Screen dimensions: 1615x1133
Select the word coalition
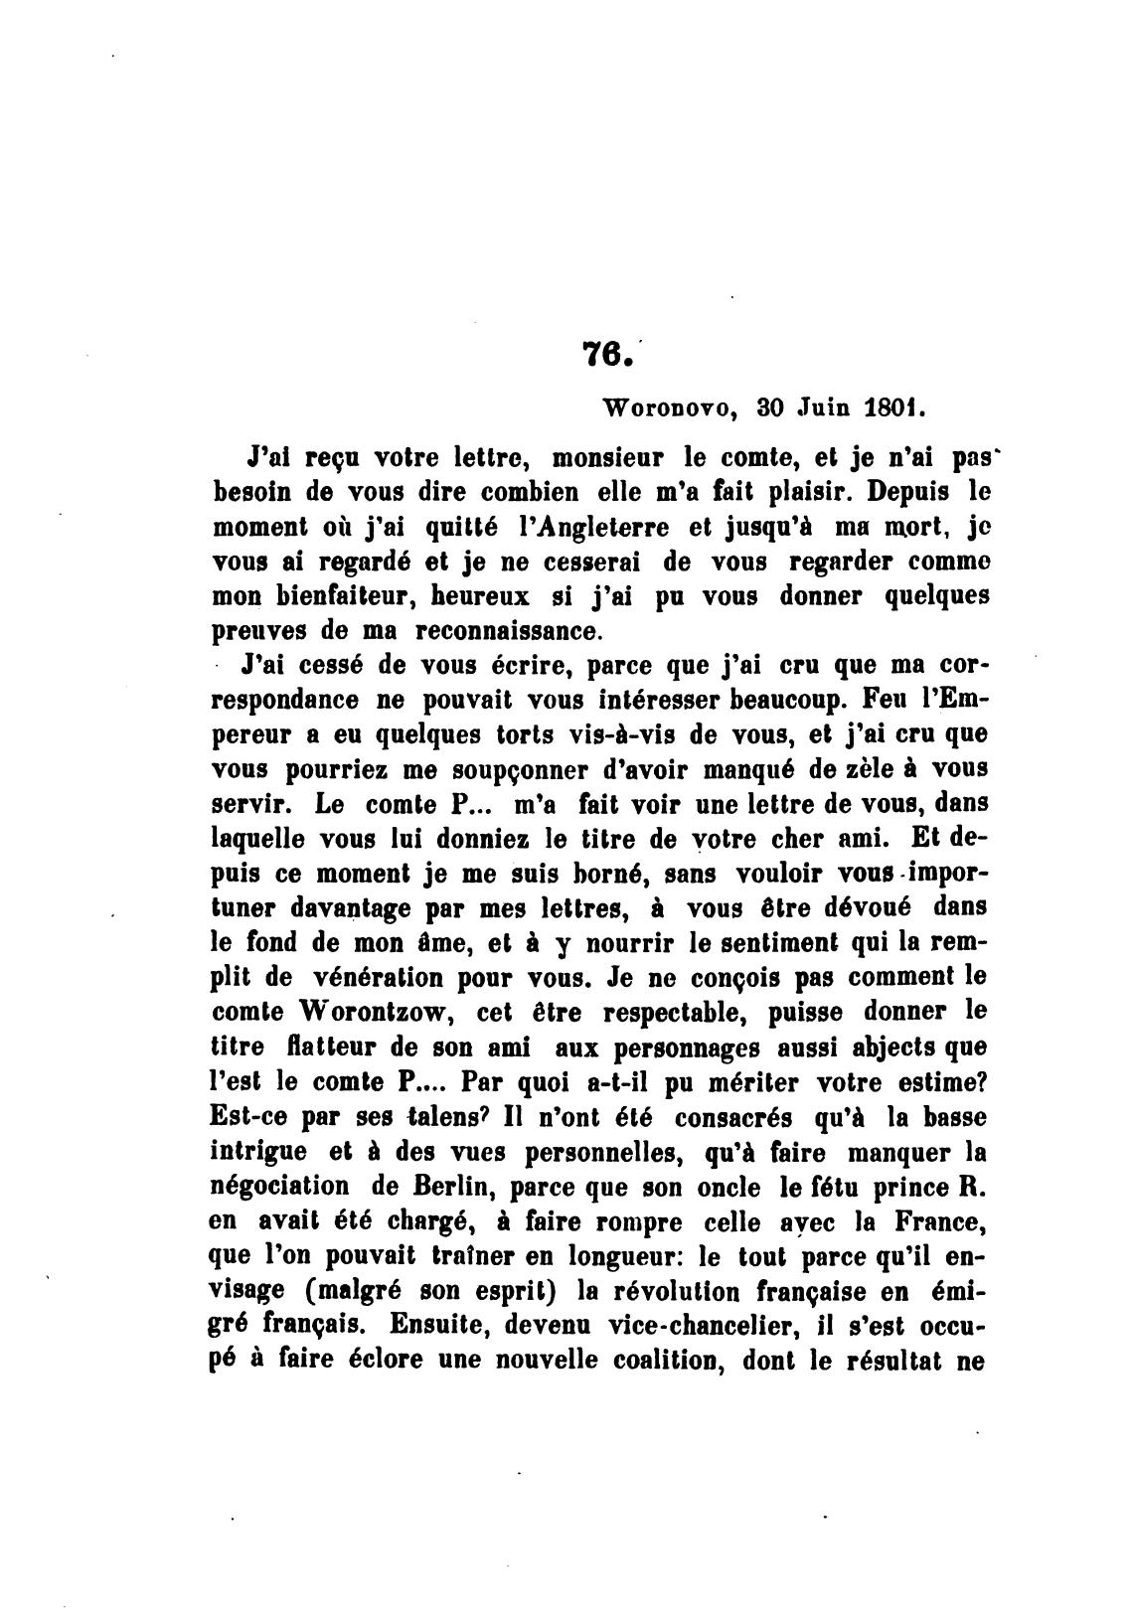coord(647,1361)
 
